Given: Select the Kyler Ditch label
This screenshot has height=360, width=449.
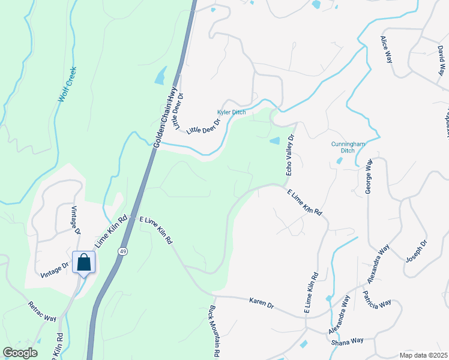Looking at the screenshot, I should point(231,113).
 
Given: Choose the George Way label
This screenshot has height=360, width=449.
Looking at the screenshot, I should point(370,176).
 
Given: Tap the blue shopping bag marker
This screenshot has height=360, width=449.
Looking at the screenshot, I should point(83,262).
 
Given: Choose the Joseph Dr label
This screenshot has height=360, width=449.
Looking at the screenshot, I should point(416,252).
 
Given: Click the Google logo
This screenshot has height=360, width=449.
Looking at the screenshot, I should point(20,353).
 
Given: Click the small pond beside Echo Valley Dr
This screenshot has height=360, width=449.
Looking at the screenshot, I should point(274,141).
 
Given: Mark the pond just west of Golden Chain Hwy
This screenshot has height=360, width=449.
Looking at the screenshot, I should point(160,76).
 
